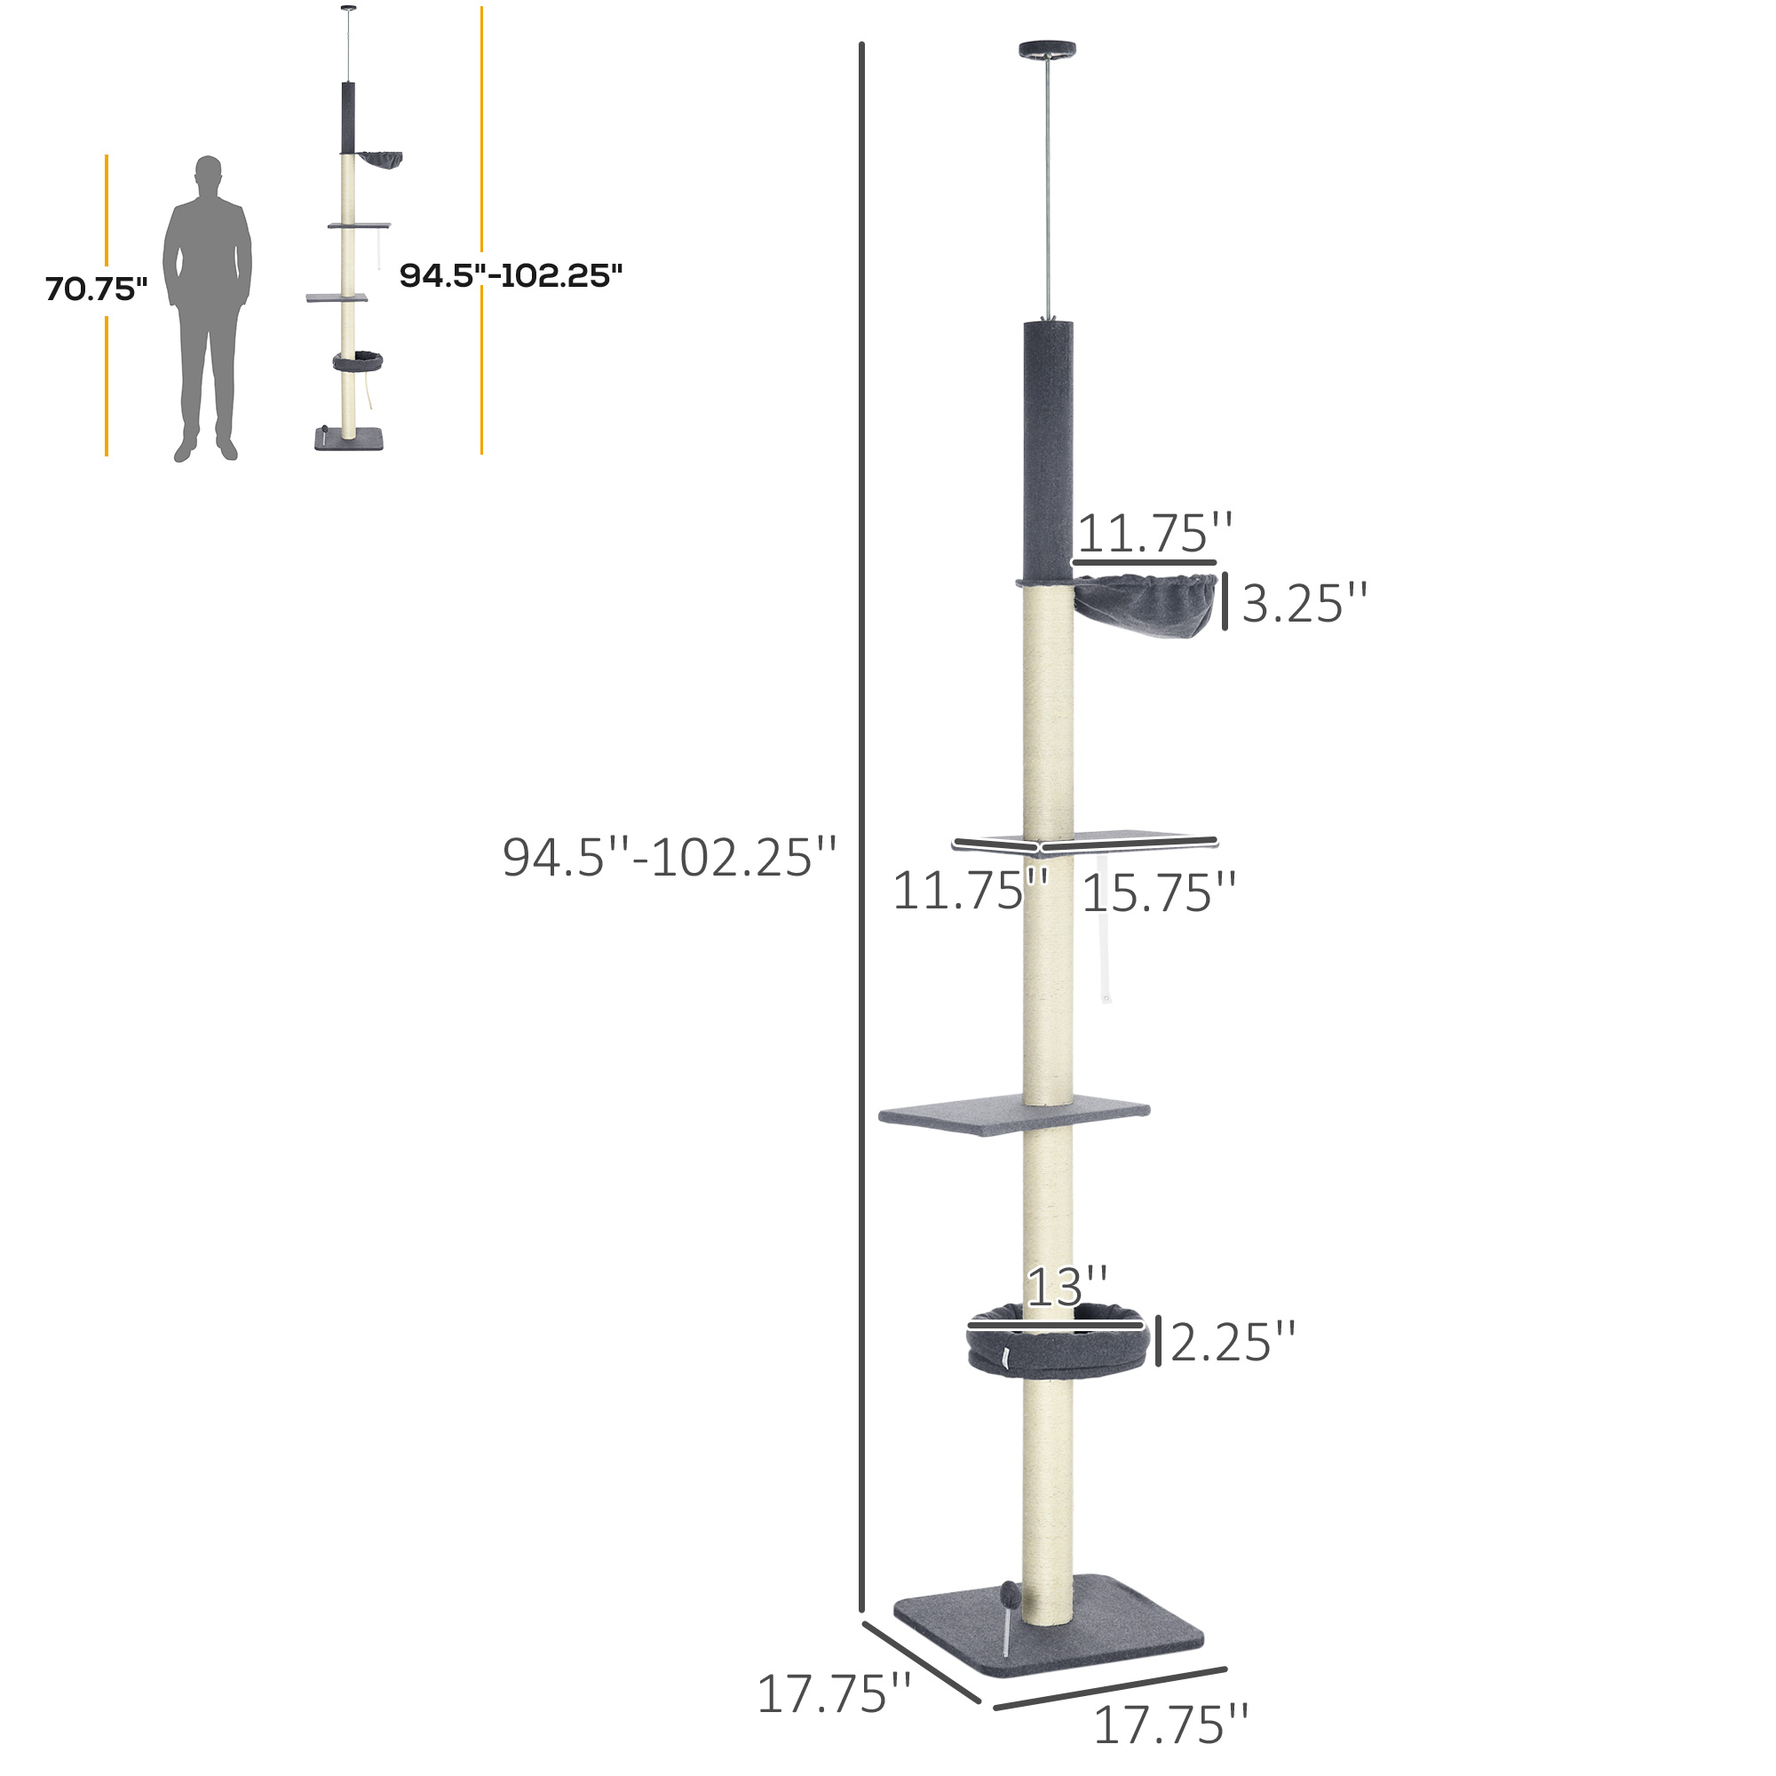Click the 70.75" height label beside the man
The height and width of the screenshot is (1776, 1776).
[97, 289]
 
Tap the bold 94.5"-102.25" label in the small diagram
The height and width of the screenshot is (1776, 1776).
[511, 275]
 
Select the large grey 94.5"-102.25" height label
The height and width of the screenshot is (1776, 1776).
[670, 858]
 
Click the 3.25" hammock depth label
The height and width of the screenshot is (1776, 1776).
[1304, 604]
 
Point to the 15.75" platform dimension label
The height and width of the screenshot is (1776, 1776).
[1158, 893]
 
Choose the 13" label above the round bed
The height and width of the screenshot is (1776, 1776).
[1066, 1288]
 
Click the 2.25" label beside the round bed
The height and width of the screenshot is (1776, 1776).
[1233, 1343]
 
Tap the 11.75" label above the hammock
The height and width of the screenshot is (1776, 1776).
[1154, 533]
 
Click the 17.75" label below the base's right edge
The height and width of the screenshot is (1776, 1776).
[1170, 1724]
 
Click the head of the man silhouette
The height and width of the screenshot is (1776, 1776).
[209, 173]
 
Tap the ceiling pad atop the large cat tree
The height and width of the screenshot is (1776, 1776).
[1047, 49]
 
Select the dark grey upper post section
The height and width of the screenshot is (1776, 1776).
[1048, 450]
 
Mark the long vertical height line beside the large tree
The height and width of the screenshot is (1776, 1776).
[861, 828]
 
